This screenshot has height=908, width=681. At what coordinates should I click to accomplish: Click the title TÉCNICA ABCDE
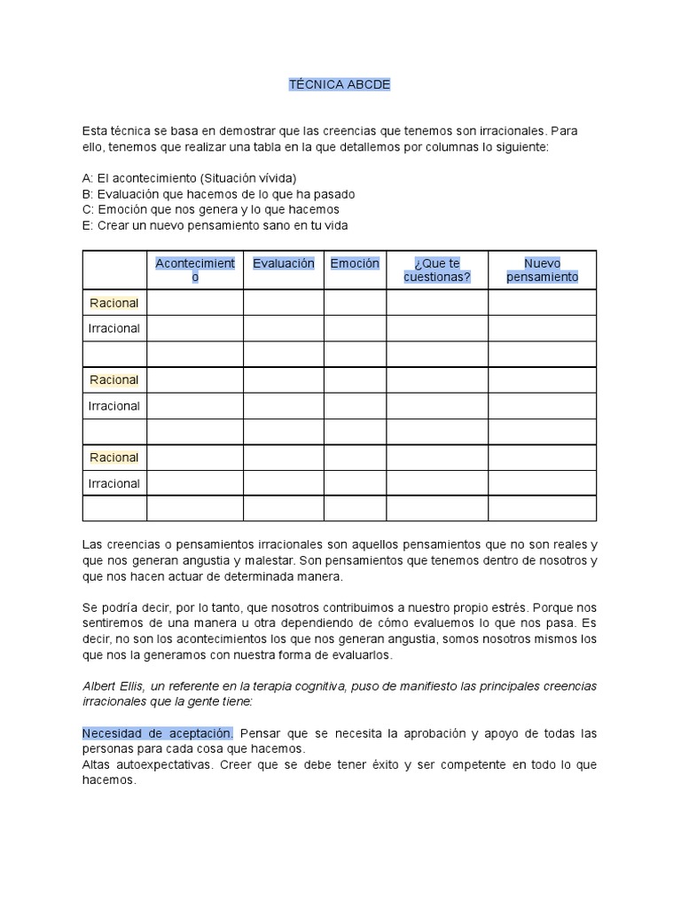340,84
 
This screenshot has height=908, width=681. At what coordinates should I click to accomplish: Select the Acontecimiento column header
195,270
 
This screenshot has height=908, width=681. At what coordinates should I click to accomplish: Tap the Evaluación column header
283,263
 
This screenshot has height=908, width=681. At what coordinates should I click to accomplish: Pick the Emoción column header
355,263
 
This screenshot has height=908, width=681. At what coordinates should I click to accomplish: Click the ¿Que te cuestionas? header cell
437,270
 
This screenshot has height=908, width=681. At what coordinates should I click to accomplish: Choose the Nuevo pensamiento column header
542,270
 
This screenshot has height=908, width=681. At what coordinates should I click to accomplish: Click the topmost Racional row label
114,302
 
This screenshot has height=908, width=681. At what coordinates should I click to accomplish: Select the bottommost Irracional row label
114,483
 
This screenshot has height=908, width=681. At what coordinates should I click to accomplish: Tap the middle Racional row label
114,380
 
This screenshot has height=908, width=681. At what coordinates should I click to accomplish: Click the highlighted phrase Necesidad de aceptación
158,733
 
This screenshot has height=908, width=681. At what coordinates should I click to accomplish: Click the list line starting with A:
189,177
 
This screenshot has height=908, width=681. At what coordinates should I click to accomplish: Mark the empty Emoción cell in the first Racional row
355,302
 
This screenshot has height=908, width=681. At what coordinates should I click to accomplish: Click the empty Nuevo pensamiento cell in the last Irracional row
542,483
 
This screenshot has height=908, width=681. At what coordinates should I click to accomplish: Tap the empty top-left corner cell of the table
114,270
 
